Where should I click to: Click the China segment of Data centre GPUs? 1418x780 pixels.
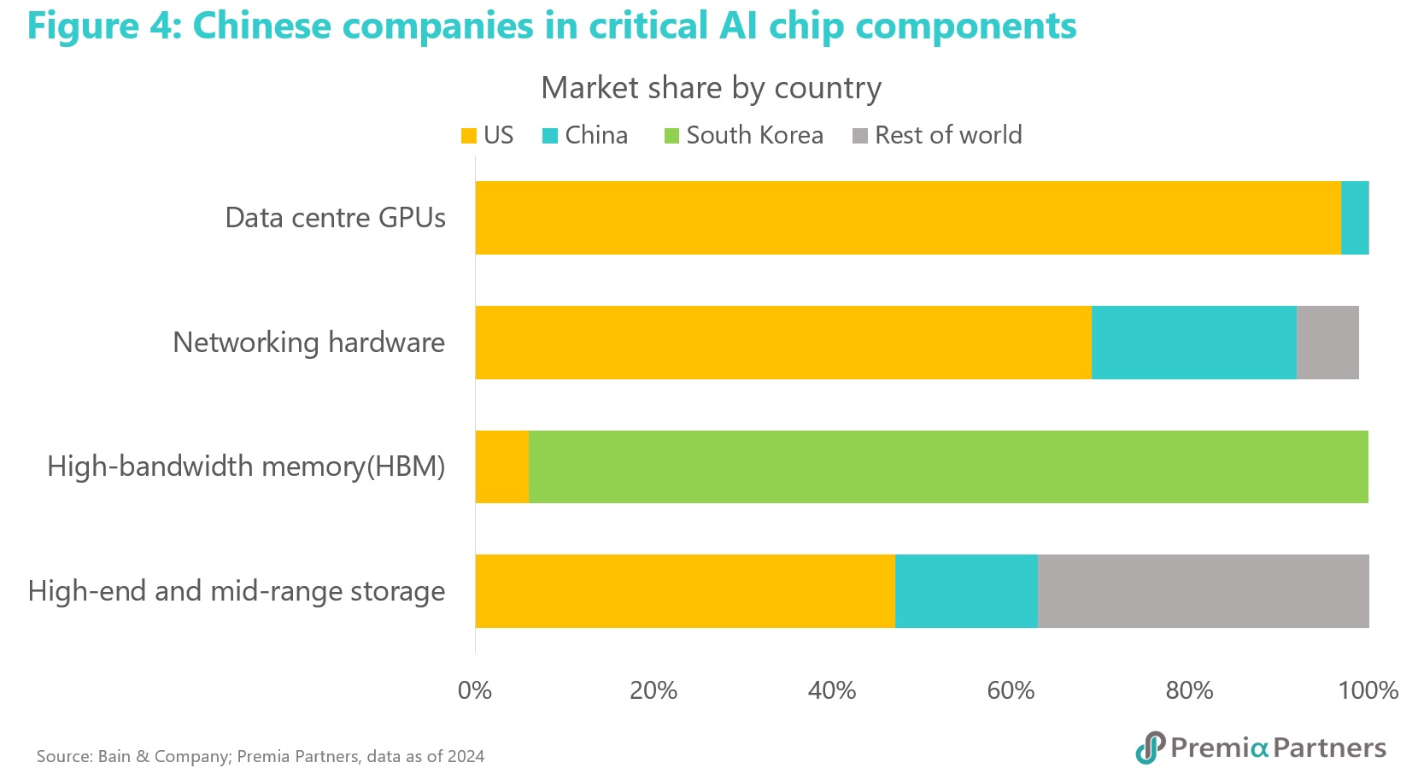[1355, 217]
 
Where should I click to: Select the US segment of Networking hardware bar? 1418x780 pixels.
[782, 342]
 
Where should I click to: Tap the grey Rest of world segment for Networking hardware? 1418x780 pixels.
[1327, 342]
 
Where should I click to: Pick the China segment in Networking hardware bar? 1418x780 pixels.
[1193, 342]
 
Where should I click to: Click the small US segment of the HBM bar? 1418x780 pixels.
[501, 466]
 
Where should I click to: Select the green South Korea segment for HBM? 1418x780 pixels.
[948, 466]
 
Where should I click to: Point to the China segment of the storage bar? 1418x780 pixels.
[966, 591]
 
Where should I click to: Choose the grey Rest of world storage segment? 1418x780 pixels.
[1203, 591]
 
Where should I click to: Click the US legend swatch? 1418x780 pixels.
[469, 136]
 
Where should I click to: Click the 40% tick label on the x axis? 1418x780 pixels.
[832, 690]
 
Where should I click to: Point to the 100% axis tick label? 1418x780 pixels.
[1368, 690]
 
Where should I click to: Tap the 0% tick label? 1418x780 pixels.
[475, 690]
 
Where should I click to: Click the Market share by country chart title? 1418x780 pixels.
[711, 88]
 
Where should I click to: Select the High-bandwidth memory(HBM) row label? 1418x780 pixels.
[246, 466]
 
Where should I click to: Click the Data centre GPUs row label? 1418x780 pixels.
[335, 218]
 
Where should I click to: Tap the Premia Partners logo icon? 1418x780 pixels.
[1150, 748]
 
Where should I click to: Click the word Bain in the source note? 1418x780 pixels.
[114, 756]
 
